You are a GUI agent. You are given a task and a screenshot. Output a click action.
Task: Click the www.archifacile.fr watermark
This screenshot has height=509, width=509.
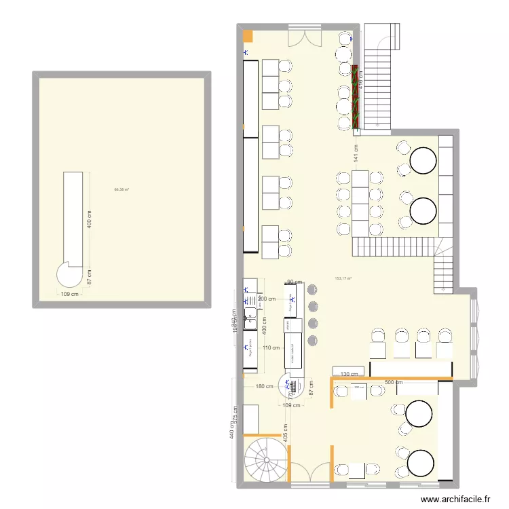455,499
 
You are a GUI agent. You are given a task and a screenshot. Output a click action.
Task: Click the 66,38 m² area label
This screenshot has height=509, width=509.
122,189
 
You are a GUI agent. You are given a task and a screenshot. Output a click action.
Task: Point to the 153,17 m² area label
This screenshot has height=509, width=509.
343,278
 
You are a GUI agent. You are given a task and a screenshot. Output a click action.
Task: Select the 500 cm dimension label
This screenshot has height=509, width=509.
394,383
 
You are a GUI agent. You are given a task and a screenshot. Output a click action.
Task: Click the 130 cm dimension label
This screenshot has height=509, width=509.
350,374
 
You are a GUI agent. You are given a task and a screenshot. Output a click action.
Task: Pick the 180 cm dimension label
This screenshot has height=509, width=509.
265,387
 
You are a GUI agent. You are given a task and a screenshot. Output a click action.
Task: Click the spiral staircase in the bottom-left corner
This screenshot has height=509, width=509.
265,458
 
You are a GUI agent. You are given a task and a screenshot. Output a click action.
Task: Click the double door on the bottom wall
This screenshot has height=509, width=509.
309,472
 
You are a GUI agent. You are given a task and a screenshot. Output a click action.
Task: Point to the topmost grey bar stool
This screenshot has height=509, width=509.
312,289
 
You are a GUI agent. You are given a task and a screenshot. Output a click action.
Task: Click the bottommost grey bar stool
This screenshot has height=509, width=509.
312,340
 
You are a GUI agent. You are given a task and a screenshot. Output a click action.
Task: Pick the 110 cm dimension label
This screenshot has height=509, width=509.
271,347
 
